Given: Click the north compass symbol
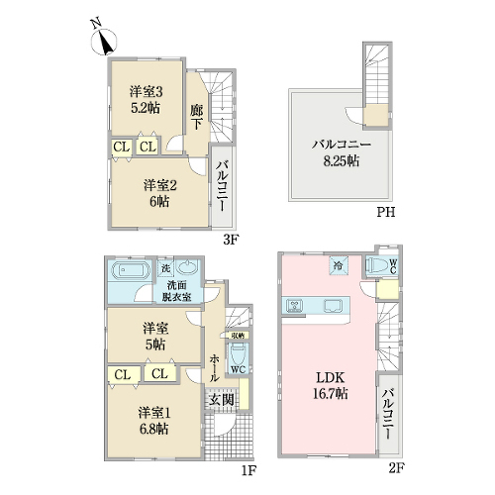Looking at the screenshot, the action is tap(104, 39).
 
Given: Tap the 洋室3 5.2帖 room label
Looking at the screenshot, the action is tap(146, 100).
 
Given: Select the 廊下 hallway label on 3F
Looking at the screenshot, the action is tap(196, 117).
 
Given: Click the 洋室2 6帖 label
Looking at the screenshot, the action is tap(160, 193).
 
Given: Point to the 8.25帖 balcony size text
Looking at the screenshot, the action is tap(342, 161).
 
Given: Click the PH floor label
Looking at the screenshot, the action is tap(386, 212).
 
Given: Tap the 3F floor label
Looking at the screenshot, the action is tap(231, 240).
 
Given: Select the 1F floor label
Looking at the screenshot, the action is tap(248, 470).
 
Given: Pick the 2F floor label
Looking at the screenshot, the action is tap(396, 467).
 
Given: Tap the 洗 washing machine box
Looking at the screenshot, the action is tap(165, 267).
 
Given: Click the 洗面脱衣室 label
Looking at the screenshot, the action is tap(176, 291).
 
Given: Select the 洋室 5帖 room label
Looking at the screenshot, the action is tap(155, 337).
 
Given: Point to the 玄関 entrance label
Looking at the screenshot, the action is tap(222, 400).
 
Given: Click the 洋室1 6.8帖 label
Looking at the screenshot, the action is tap(154, 421).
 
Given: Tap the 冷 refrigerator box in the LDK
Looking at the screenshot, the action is tap(339, 265).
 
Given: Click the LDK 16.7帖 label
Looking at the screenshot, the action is tap(331, 385).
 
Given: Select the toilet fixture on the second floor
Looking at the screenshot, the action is tap(378, 265).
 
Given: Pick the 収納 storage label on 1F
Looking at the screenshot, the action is tap(238, 336).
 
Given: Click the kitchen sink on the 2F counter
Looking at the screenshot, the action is tap(334, 306).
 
